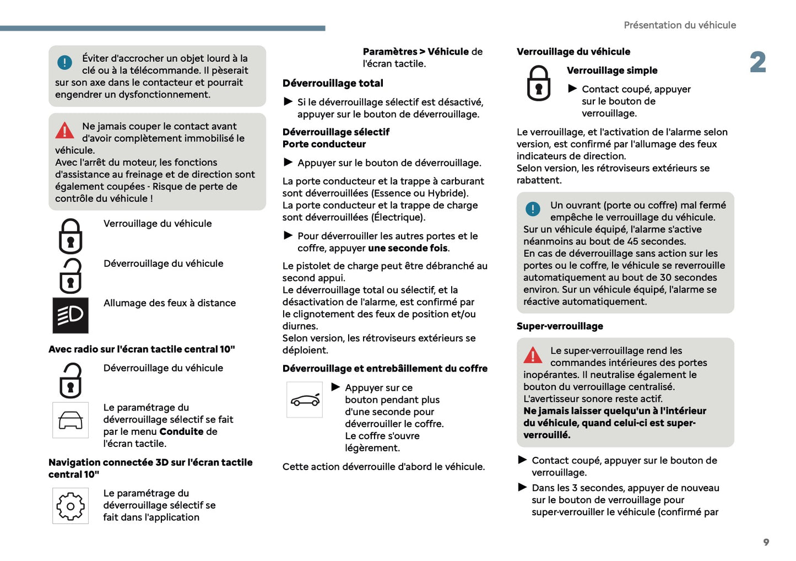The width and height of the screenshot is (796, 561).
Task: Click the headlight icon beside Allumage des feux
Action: pos(71,315)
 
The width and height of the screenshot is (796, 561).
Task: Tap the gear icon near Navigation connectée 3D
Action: pos(71,506)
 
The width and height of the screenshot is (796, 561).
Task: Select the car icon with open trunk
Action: pos(305,400)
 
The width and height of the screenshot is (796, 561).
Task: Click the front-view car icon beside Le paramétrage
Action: pos(71,420)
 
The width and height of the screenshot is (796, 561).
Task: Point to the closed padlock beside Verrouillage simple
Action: pos(538,83)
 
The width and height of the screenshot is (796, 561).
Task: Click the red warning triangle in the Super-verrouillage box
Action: pos(533,355)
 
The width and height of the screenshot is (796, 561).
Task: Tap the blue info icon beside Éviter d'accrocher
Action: pos(64,63)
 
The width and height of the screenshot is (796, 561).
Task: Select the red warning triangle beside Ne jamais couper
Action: pos(64,131)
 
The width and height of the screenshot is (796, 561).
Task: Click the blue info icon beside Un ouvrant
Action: pos(533,209)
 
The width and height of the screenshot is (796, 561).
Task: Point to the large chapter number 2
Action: pos(758,62)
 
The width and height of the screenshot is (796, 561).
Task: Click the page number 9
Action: pos(766,542)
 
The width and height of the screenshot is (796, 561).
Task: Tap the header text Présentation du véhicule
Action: pos(679,25)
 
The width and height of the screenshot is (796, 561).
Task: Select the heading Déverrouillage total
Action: pos(333,83)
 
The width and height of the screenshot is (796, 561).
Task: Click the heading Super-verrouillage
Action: pos(560,326)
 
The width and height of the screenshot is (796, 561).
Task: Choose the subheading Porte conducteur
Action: pos(324,144)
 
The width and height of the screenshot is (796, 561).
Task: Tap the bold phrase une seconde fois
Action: pos(408,248)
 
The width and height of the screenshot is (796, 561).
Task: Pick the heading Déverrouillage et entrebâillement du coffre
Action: pos(385,369)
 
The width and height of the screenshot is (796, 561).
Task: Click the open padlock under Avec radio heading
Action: pos(71,380)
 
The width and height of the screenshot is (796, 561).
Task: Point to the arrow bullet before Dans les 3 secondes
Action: pos(523,487)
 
